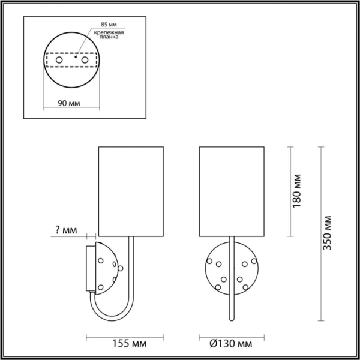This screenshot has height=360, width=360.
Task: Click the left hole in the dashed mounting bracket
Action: pos(59,61)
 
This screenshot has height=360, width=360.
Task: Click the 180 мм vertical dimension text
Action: pos(296,191)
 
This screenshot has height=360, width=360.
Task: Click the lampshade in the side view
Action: pos(131,190)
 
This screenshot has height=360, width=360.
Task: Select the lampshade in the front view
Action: pos(231,190)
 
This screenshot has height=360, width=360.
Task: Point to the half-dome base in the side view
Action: pos(108,267)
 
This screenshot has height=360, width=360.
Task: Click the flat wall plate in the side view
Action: pos(90,268)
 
